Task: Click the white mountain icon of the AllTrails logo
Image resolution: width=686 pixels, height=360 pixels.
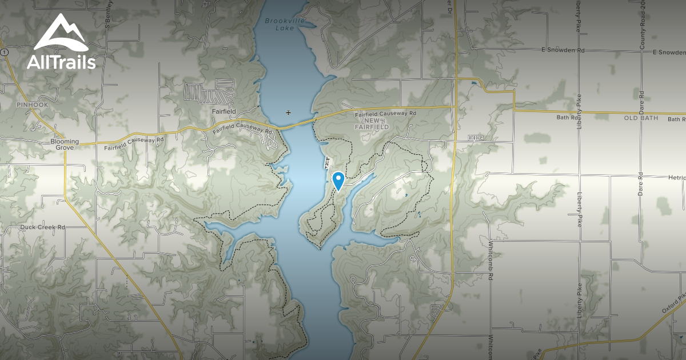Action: tap(61, 33)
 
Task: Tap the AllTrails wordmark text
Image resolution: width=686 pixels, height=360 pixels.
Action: tap(61, 62)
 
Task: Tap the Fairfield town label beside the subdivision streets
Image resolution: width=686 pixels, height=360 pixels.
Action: tap(223, 111)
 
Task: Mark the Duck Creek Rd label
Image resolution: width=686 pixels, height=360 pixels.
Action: tap(43, 227)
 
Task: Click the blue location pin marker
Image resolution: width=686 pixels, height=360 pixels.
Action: tap(338, 181)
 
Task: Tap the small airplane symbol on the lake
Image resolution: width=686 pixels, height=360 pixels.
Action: tap(288, 113)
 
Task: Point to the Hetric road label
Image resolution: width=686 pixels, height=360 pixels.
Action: tap(676, 178)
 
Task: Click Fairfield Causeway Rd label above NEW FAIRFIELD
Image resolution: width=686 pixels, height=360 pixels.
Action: tap(385, 114)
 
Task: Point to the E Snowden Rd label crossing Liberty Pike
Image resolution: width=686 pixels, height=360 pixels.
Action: tap(563, 50)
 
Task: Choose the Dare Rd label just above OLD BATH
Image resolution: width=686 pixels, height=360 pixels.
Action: tap(643, 101)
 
